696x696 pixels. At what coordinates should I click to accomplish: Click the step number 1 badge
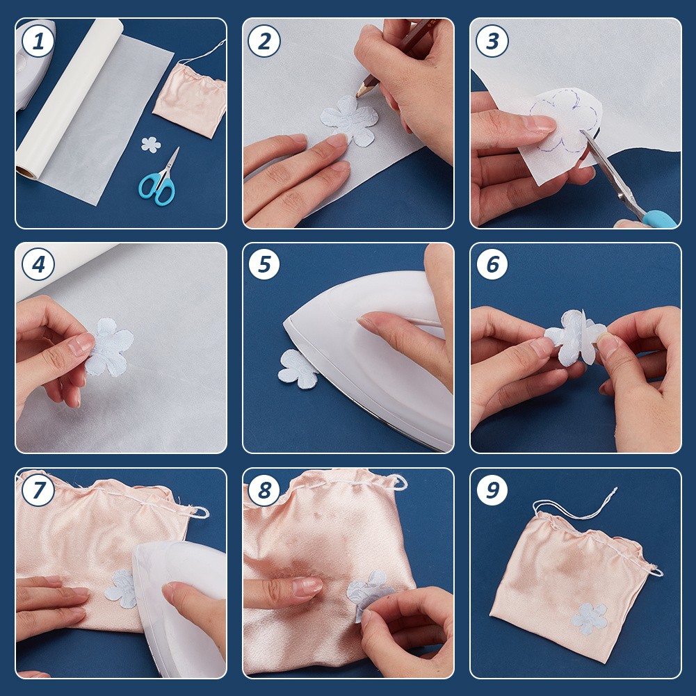tap(38, 41)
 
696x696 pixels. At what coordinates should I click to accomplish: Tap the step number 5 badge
tap(264, 265)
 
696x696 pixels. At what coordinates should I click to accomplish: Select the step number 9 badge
tap(492, 490)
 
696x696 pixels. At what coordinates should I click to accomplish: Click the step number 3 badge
tap(492, 41)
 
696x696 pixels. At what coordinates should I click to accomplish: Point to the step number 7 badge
tap(38, 490)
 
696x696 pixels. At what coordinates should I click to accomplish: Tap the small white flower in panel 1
tap(150, 145)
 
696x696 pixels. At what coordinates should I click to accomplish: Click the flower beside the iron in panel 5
tap(298, 369)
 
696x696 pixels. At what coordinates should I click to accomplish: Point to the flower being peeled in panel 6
tap(574, 338)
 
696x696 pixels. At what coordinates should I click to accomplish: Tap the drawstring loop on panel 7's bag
tap(200, 513)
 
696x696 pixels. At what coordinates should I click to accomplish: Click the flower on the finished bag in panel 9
tap(589, 618)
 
